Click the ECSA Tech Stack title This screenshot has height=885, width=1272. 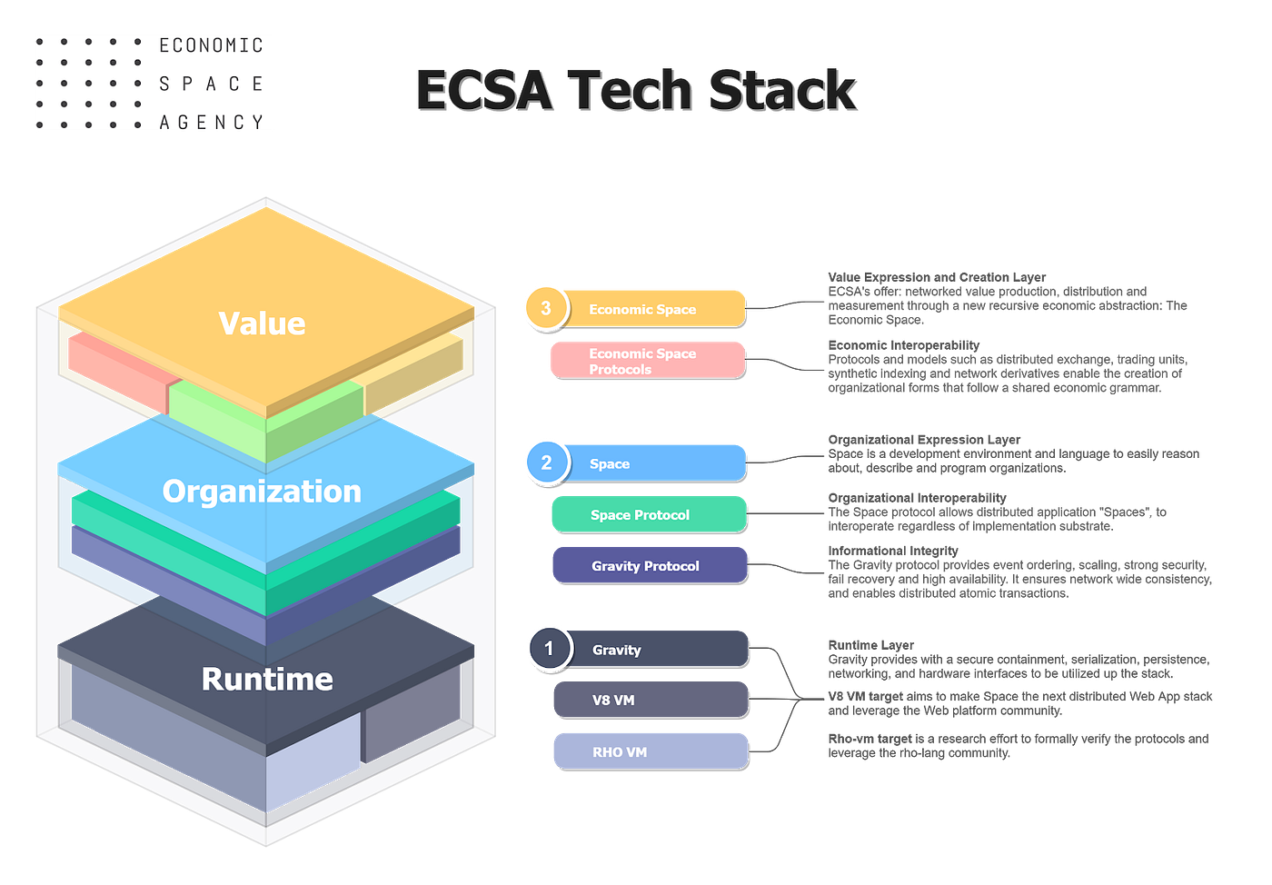click(x=637, y=91)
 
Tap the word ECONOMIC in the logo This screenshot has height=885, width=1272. click(x=211, y=45)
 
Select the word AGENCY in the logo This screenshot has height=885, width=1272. click(x=211, y=122)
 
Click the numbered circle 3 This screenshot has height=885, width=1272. click(x=545, y=307)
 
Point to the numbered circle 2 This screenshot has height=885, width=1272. click(x=546, y=462)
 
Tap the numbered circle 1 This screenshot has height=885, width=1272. click(x=548, y=649)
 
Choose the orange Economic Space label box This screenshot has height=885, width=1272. click(x=654, y=309)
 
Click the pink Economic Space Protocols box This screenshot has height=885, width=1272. click(x=647, y=360)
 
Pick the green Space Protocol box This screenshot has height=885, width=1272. click(x=649, y=514)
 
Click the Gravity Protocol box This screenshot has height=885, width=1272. click(x=649, y=565)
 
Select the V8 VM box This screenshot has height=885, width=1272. click(x=651, y=700)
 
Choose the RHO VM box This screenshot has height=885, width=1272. click(x=651, y=751)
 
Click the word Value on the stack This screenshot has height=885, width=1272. click(x=262, y=323)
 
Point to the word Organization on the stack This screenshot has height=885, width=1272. click(x=262, y=492)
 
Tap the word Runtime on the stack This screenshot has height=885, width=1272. click(x=267, y=679)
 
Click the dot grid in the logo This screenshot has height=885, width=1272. click(x=88, y=84)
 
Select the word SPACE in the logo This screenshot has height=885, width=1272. click(x=211, y=84)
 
